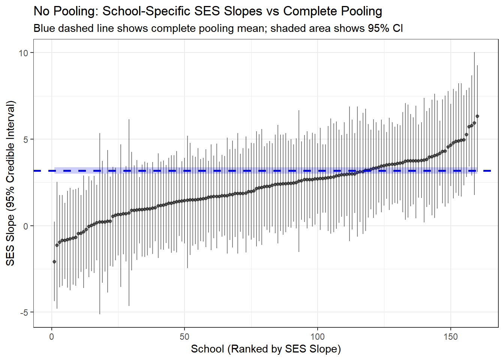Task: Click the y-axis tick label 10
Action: (23, 53)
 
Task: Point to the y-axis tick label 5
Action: (25, 139)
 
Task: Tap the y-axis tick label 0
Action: (25, 226)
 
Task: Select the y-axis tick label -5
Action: (24, 312)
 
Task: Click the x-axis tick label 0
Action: (52, 336)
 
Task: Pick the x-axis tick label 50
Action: (184, 336)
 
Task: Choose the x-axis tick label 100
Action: (317, 336)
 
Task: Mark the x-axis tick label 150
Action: (450, 336)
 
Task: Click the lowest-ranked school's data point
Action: (54, 262)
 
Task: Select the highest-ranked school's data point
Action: (477, 116)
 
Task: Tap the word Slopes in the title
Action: (244, 11)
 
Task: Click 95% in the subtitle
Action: (378, 28)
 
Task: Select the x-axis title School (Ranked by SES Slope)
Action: (266, 349)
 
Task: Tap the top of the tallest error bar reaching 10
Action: (474, 52)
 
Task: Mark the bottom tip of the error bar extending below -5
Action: (100, 314)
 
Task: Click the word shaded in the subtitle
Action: (288, 28)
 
